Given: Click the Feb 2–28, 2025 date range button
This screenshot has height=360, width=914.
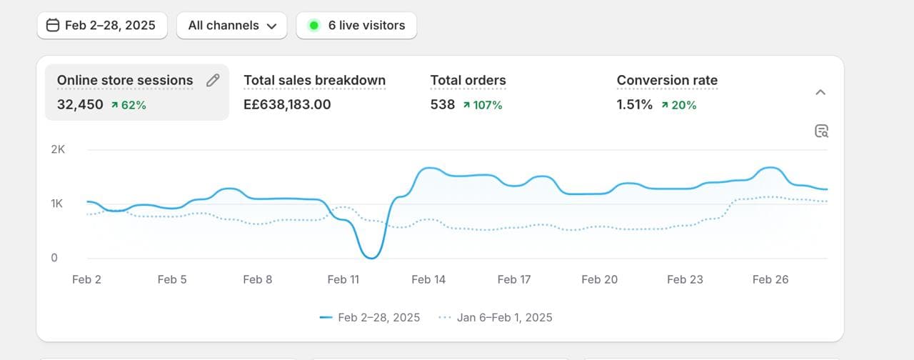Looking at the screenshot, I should (101, 26).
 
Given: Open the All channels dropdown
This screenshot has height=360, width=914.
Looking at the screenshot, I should (232, 26).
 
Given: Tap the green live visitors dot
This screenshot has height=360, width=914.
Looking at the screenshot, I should (313, 26).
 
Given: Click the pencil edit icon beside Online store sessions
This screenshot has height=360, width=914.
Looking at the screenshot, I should (213, 80).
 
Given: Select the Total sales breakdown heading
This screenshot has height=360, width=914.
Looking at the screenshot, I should (314, 80).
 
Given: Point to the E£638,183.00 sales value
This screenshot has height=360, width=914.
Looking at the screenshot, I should (287, 104).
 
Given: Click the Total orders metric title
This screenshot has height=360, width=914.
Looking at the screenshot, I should (468, 80).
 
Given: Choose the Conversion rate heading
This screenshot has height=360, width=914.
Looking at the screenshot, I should (667, 80).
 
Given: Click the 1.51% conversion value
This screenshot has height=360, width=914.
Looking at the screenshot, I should (634, 104).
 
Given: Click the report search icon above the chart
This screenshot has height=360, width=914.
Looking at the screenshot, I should (821, 131).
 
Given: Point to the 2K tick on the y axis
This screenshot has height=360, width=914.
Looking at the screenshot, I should (58, 149).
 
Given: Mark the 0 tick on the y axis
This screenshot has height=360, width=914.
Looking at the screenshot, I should (54, 258).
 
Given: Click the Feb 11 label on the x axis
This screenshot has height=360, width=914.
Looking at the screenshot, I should (343, 279).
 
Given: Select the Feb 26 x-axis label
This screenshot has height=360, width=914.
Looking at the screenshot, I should (770, 279).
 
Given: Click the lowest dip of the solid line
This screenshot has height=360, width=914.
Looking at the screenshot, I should (371, 257).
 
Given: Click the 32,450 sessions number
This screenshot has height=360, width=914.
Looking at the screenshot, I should (80, 104).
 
